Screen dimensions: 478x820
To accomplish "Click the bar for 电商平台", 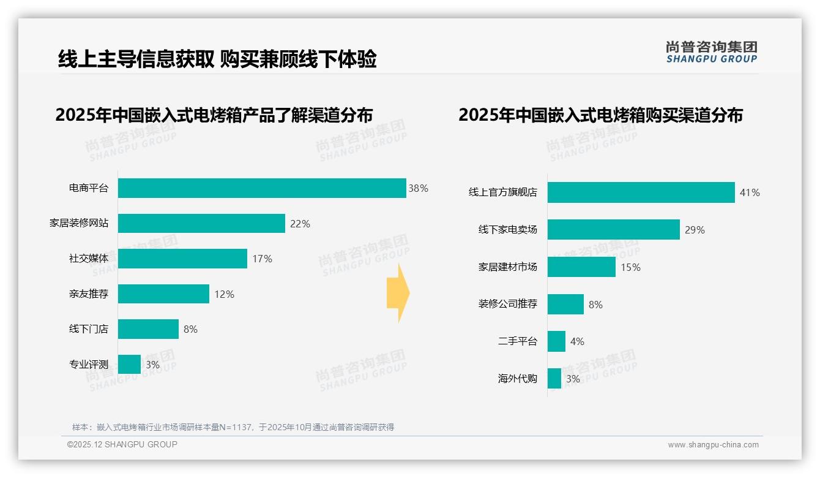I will pyautogui.click(x=262, y=188).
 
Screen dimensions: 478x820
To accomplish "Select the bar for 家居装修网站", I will pyautogui.click(x=201, y=224).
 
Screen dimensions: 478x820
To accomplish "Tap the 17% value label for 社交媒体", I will pyautogui.click(x=262, y=259).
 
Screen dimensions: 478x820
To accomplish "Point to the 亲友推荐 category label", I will pyautogui.click(x=88, y=294).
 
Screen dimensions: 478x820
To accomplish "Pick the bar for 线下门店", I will pyautogui.click(x=148, y=329).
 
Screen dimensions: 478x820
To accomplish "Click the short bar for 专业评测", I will pyautogui.click(x=129, y=365).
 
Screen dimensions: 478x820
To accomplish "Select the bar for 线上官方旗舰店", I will pyautogui.click(x=641, y=192).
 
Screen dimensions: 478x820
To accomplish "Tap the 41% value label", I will pyautogui.click(x=750, y=192).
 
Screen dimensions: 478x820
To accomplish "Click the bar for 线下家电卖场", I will pyautogui.click(x=613, y=230).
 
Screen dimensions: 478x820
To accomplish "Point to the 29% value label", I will pyautogui.click(x=695, y=230).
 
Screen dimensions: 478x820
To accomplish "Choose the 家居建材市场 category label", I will pyautogui.click(x=507, y=267).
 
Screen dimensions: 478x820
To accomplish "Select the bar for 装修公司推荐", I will pyautogui.click(x=565, y=305).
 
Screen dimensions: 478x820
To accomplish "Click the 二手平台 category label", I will pyautogui.click(x=517, y=341).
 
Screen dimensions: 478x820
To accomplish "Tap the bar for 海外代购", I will pyautogui.click(x=554, y=379).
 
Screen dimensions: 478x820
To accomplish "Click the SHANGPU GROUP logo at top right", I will pyautogui.click(x=711, y=51).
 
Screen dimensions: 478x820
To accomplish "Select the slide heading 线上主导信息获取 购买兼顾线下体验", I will pyautogui.click(x=217, y=59).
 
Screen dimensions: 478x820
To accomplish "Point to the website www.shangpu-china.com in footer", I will pyautogui.click(x=713, y=445).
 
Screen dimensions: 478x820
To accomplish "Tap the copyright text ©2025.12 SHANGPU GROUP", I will pyautogui.click(x=122, y=445).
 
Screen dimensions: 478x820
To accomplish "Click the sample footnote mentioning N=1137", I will pyautogui.click(x=233, y=427).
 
